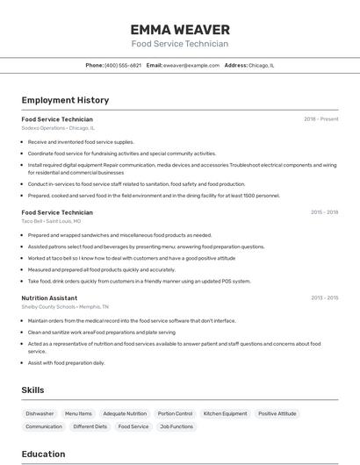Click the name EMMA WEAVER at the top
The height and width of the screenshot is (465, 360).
pyautogui.click(x=179, y=30)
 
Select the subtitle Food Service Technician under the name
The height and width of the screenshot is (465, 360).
pyautogui.click(x=179, y=44)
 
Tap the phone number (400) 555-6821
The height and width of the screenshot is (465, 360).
pyautogui.click(x=122, y=65)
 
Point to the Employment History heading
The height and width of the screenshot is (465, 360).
pyautogui.click(x=65, y=100)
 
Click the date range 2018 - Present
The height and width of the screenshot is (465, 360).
pyautogui.click(x=321, y=118)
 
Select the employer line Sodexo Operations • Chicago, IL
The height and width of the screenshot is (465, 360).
pyautogui.click(x=58, y=128)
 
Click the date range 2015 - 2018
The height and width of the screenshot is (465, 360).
pyautogui.click(x=324, y=211)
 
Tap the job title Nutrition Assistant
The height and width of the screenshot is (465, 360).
pyautogui.click(x=49, y=298)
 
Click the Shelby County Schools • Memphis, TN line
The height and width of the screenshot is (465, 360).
pyautogui.click(x=65, y=307)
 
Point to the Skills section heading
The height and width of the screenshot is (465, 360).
pyautogui.click(x=32, y=390)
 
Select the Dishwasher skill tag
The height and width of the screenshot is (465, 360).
pyautogui.click(x=40, y=413)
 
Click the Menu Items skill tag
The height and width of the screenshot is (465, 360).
pyautogui.click(x=78, y=413)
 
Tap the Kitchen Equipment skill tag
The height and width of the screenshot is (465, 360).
pyautogui.click(x=225, y=413)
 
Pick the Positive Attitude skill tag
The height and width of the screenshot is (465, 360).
pyautogui.click(x=277, y=413)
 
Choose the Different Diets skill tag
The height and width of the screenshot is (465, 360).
pyautogui.click(x=90, y=426)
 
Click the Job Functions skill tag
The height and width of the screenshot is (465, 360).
pyautogui.click(x=176, y=426)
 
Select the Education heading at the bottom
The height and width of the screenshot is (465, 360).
pyautogui.click(x=43, y=454)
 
